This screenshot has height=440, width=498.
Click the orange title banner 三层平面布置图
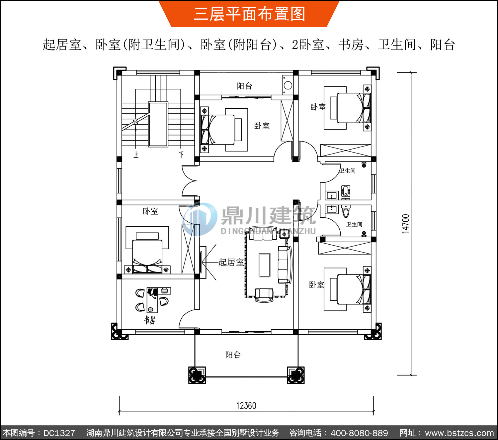(249, 14)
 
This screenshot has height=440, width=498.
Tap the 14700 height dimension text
(406, 224)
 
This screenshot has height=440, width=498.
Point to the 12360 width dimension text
(246, 406)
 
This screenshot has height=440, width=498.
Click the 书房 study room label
(149, 320)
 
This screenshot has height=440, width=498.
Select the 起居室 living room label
(231, 262)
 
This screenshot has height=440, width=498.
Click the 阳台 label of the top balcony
(245, 86)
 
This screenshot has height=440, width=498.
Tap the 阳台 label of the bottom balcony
(233, 355)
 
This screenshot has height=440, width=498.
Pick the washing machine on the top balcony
(288, 85)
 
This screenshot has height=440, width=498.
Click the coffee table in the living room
(265, 265)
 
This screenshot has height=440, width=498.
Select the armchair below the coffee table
(264, 294)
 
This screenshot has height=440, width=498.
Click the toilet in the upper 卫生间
(346, 191)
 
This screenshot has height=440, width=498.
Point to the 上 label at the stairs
(136, 155)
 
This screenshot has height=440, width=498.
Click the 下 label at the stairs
(181, 155)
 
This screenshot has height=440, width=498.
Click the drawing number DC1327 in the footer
(59, 433)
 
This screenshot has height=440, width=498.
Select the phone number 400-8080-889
(359, 433)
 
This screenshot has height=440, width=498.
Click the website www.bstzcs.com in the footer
(459, 433)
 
